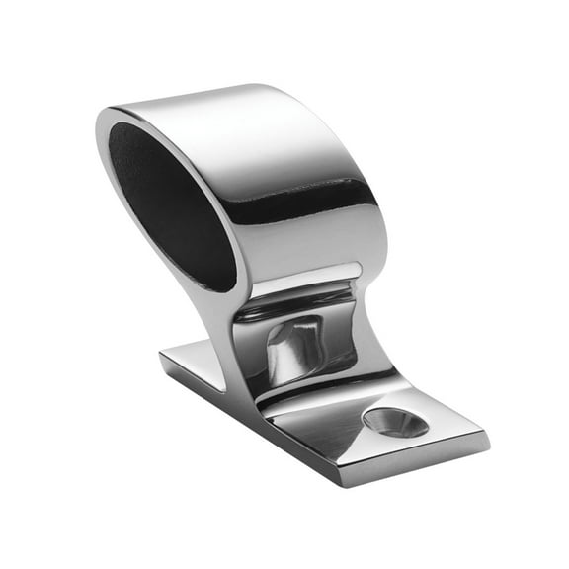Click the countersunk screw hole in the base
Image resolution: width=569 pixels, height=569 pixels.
coord(396,422)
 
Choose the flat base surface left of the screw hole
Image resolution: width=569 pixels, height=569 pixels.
coord(316,430)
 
